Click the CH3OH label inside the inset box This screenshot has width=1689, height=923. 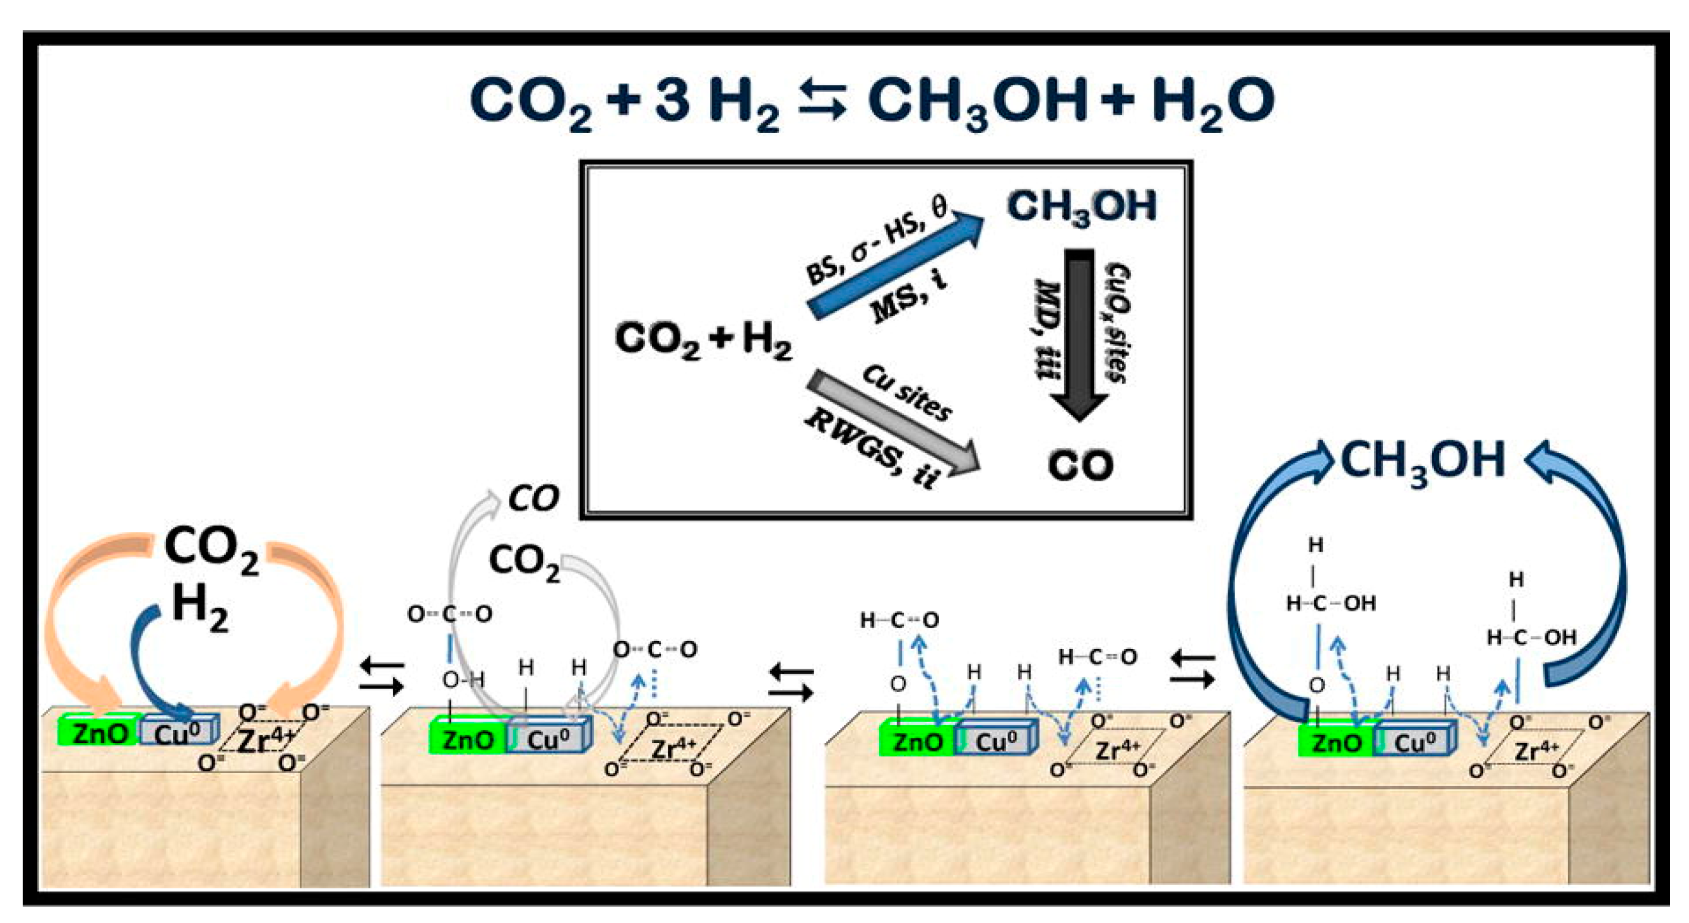[1082, 208]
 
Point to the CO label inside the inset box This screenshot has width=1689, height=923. [1080, 466]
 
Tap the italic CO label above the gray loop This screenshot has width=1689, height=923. [534, 499]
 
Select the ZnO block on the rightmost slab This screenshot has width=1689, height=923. [1336, 743]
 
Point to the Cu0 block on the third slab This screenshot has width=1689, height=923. [995, 742]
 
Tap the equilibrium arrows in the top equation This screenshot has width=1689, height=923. [823, 102]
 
